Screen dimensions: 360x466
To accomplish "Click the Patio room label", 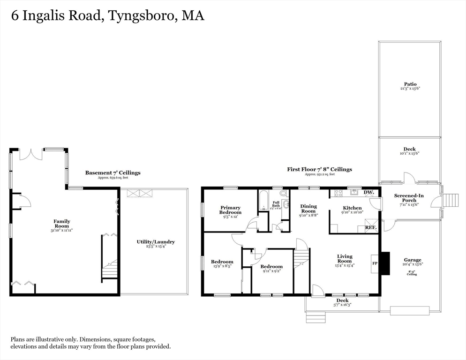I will (x=410, y=84).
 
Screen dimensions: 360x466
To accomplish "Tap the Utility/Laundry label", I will (x=156, y=242).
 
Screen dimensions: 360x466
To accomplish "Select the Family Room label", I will (x=62, y=223).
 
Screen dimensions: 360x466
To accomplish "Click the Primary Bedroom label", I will (x=230, y=210).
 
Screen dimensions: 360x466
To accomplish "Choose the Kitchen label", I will (x=352, y=208).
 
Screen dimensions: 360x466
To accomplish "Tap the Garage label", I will (x=413, y=260).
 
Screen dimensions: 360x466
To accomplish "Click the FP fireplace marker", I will (x=375, y=263).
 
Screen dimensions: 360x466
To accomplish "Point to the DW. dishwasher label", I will (x=368, y=193).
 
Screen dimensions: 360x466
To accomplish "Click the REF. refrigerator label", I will (x=370, y=228).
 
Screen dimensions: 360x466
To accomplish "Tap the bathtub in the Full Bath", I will (x=262, y=202).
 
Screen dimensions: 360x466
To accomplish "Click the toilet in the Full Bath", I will (x=283, y=193).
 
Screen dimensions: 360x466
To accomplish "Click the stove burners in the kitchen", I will (x=338, y=193).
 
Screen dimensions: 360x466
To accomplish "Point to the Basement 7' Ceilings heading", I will (x=113, y=172).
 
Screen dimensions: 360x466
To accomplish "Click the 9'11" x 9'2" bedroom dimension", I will (x=272, y=271).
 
